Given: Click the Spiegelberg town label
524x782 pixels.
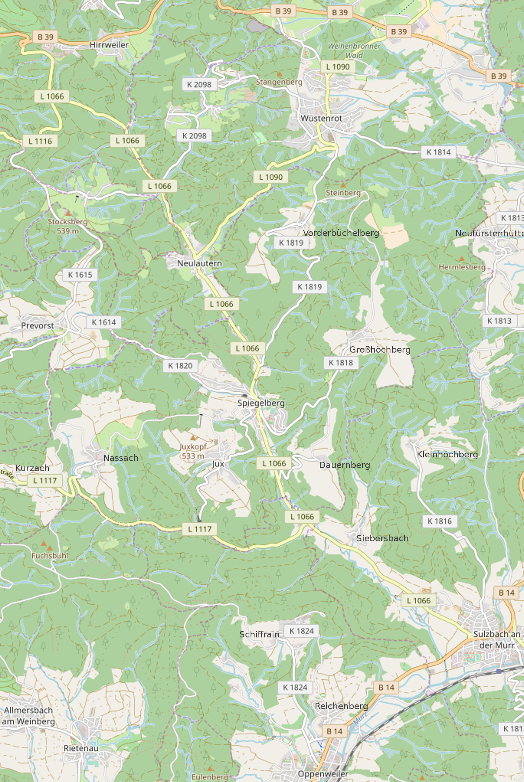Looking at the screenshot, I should [x=261, y=403].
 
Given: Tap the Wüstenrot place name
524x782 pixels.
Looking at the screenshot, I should [x=321, y=118].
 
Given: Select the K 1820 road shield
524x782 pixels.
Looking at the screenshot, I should [x=180, y=366].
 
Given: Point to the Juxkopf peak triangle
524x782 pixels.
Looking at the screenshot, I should [x=193, y=438].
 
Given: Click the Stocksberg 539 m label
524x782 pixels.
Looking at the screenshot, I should [x=68, y=226].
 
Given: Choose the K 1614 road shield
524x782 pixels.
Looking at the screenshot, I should [x=104, y=322].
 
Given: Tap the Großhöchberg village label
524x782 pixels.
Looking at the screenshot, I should [x=380, y=349].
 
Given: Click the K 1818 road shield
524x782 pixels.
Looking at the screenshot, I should [x=341, y=363].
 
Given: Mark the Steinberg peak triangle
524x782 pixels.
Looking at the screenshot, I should [x=343, y=185].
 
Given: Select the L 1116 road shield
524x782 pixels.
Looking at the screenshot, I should [x=40, y=141].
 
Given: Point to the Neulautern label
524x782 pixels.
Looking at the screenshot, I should [x=199, y=263].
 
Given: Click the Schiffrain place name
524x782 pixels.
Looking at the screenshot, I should [x=259, y=634].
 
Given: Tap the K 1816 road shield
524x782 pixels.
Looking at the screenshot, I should [x=440, y=521].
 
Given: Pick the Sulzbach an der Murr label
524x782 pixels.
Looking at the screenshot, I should [x=497, y=639].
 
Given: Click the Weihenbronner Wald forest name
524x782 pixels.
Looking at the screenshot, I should [x=354, y=50].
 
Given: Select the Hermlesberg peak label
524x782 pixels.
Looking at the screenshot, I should [x=462, y=267].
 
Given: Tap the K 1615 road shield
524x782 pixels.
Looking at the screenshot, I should [x=80, y=275].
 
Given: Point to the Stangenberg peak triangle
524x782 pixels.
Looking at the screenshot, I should [x=279, y=74].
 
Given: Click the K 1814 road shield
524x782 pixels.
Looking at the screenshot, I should [x=439, y=152].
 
